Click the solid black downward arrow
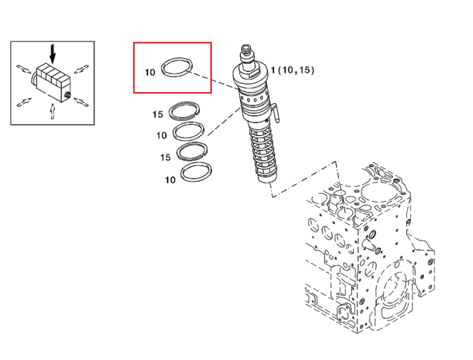(53, 54)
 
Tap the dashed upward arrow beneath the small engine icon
(53, 111)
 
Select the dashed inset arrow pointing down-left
(81, 69)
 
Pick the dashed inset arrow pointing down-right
(23, 69)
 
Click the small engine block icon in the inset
(51, 83)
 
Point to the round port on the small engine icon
(67, 96)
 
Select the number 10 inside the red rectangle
(150, 73)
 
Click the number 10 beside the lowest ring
(170, 180)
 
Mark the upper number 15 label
(158, 114)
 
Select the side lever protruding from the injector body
(276, 112)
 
